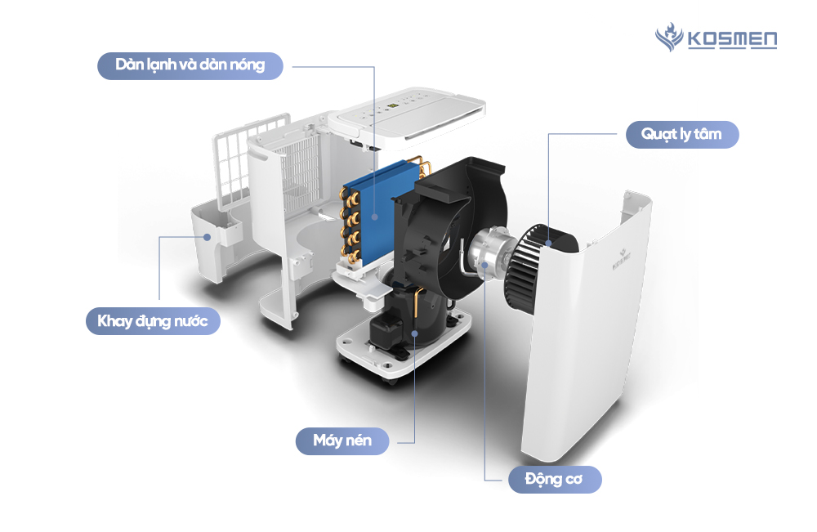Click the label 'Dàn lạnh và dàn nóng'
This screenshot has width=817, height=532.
point(190,65)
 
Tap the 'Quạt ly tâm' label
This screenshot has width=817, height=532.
point(682,133)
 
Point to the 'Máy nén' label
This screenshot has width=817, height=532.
point(342,441)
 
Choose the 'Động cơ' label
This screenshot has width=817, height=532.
point(555,479)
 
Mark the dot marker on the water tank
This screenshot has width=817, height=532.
point(208,237)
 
